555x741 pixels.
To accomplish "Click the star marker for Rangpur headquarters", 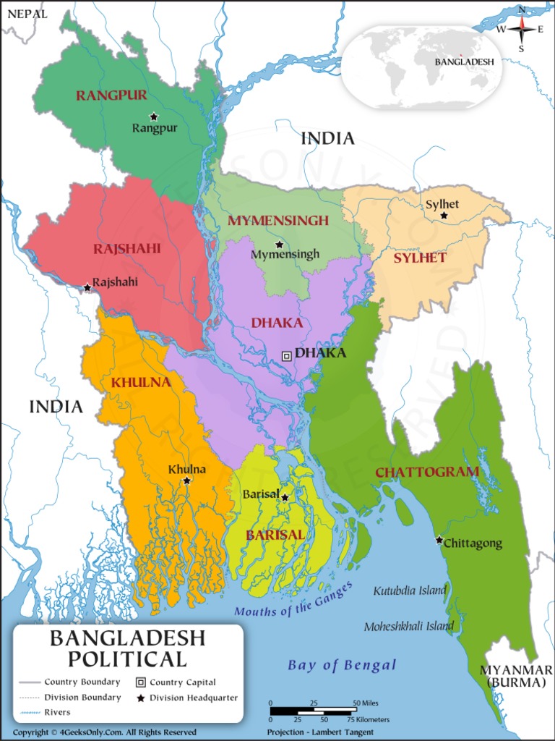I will click(153, 117).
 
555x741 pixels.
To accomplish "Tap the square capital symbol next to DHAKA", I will click(287, 355).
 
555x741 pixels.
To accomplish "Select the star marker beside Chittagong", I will click(439, 540).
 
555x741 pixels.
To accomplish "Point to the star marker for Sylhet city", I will click(444, 216).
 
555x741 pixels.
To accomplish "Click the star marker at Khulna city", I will click(186, 480).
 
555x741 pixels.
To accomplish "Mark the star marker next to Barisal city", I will click(285, 497).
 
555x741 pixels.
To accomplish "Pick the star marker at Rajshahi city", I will click(87, 287).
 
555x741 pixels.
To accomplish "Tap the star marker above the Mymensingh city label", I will click(279, 245).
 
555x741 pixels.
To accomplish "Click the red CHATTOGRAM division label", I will click(426, 473).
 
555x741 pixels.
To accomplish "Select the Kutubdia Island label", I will click(410, 590).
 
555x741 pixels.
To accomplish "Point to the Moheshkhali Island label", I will click(408, 627).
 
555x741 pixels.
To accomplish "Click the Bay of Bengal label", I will click(342, 665).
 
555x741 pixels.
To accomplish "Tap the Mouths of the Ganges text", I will click(293, 599).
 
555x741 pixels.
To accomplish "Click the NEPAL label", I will click(27, 14).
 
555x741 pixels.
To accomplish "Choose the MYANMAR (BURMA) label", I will click(516, 675).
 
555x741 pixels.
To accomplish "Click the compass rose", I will click(521, 29).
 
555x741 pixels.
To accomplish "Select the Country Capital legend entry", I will click(176, 682).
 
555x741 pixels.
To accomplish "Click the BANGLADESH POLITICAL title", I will click(127, 648).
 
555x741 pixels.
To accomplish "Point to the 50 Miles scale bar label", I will click(366, 703).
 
